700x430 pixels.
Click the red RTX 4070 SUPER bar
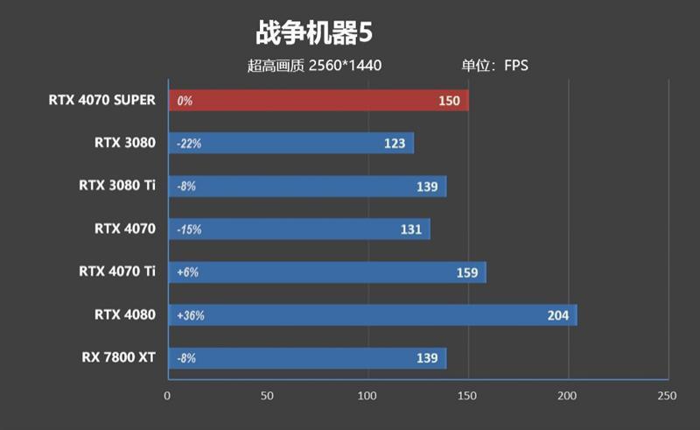318,101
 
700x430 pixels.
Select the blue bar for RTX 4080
372,315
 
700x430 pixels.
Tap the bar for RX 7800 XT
306,358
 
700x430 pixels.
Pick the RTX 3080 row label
125,143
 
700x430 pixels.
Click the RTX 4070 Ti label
117,271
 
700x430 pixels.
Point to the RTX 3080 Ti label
117,186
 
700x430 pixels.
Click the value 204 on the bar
557,316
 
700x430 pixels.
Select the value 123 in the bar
395,144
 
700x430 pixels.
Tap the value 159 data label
467,273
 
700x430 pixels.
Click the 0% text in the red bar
184,101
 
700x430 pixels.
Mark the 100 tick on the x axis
367,396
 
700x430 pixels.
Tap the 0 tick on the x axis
167,396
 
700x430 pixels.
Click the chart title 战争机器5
314,33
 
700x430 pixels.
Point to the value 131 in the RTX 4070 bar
410,229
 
